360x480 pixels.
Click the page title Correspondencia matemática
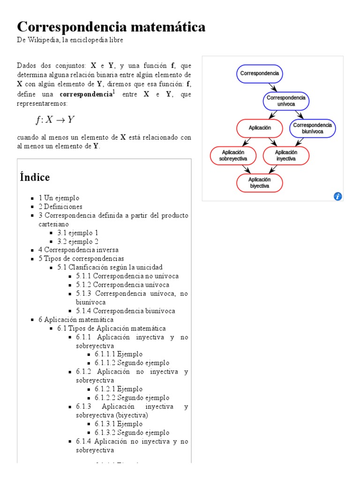[111, 27]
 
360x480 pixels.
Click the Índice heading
[35, 177]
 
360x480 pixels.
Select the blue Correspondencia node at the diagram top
[260, 74]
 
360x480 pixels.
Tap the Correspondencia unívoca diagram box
[286, 101]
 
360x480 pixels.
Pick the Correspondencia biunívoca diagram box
[313, 128]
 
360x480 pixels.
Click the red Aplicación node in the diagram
[260, 128]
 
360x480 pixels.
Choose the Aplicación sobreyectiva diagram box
[233, 156]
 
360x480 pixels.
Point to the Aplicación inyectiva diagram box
[286, 156]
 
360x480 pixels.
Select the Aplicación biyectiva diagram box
[260, 183]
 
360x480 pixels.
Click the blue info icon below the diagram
[337, 196]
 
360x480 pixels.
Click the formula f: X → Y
[55, 120]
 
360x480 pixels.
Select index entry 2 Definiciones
[60, 206]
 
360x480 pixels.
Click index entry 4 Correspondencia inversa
[78, 250]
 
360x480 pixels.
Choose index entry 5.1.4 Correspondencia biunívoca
[126, 311]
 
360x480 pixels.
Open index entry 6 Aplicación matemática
[76, 320]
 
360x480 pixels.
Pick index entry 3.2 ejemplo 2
[78, 241]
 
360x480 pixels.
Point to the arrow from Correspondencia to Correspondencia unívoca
[273, 87]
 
